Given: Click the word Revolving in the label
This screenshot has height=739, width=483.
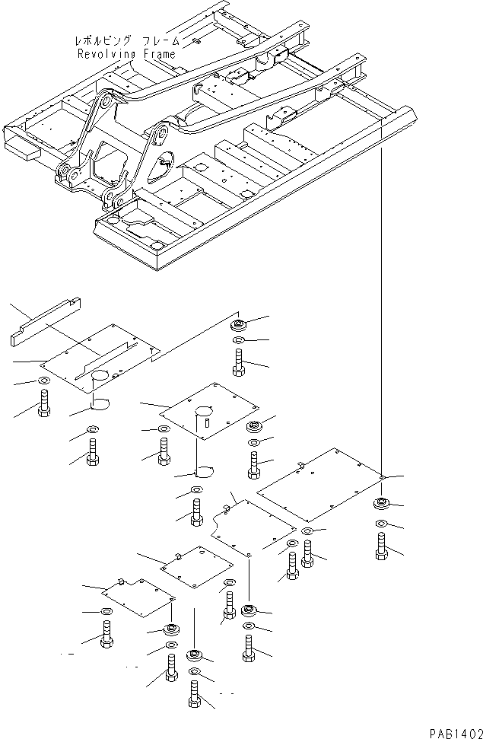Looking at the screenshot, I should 105,54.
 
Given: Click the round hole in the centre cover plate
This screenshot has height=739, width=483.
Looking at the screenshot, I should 203,412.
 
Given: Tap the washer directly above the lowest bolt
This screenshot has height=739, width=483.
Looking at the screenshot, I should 195,672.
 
